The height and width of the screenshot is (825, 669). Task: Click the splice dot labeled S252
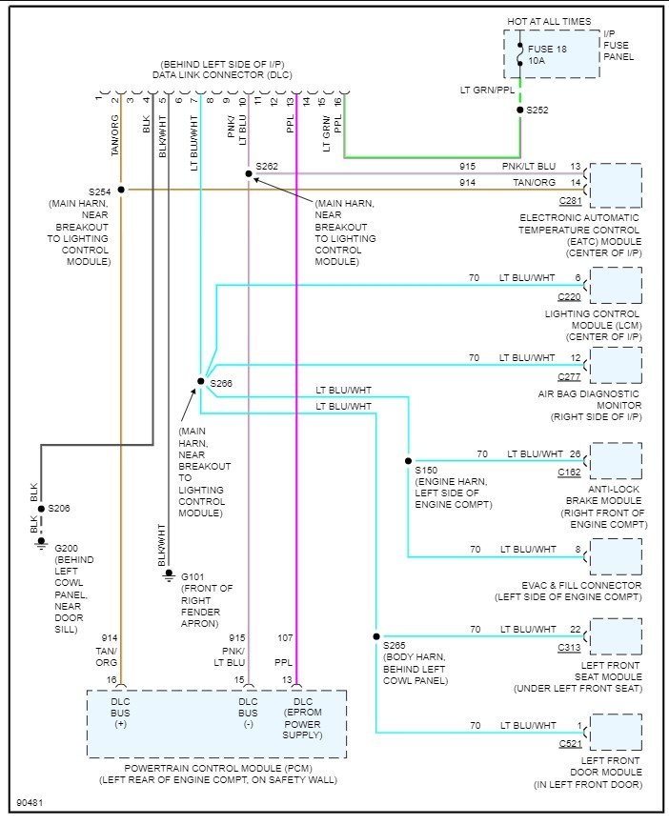[519, 111]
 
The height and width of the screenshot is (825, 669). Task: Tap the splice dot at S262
[248, 173]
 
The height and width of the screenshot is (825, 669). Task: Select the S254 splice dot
[121, 190]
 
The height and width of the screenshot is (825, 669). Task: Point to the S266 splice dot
[200, 381]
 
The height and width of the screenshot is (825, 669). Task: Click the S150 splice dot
[408, 460]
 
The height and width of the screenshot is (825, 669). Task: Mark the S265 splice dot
[376, 636]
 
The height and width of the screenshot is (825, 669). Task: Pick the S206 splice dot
[40, 509]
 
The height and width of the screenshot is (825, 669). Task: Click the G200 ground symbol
[40, 544]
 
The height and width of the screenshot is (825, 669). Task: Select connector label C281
[570, 201]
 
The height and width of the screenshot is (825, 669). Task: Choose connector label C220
[570, 296]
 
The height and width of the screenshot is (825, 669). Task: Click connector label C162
[570, 472]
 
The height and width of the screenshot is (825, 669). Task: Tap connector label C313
[570, 647]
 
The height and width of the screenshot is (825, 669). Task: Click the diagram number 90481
[30, 802]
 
